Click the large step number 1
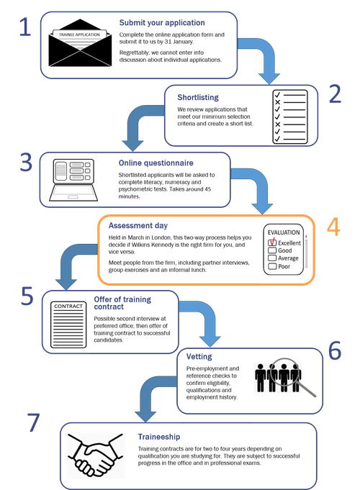(25, 27)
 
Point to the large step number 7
(33, 422)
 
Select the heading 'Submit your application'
(162, 23)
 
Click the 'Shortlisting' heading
(198, 98)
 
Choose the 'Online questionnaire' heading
(156, 163)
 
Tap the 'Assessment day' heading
(138, 226)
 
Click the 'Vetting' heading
(199, 357)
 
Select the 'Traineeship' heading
(159, 437)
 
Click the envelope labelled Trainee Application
(80, 43)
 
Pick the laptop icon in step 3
(73, 180)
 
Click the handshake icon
(95, 455)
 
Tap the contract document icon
(68, 325)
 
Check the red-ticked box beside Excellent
(272, 242)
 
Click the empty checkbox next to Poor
(272, 266)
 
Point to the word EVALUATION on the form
(284, 232)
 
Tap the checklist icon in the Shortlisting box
(290, 117)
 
